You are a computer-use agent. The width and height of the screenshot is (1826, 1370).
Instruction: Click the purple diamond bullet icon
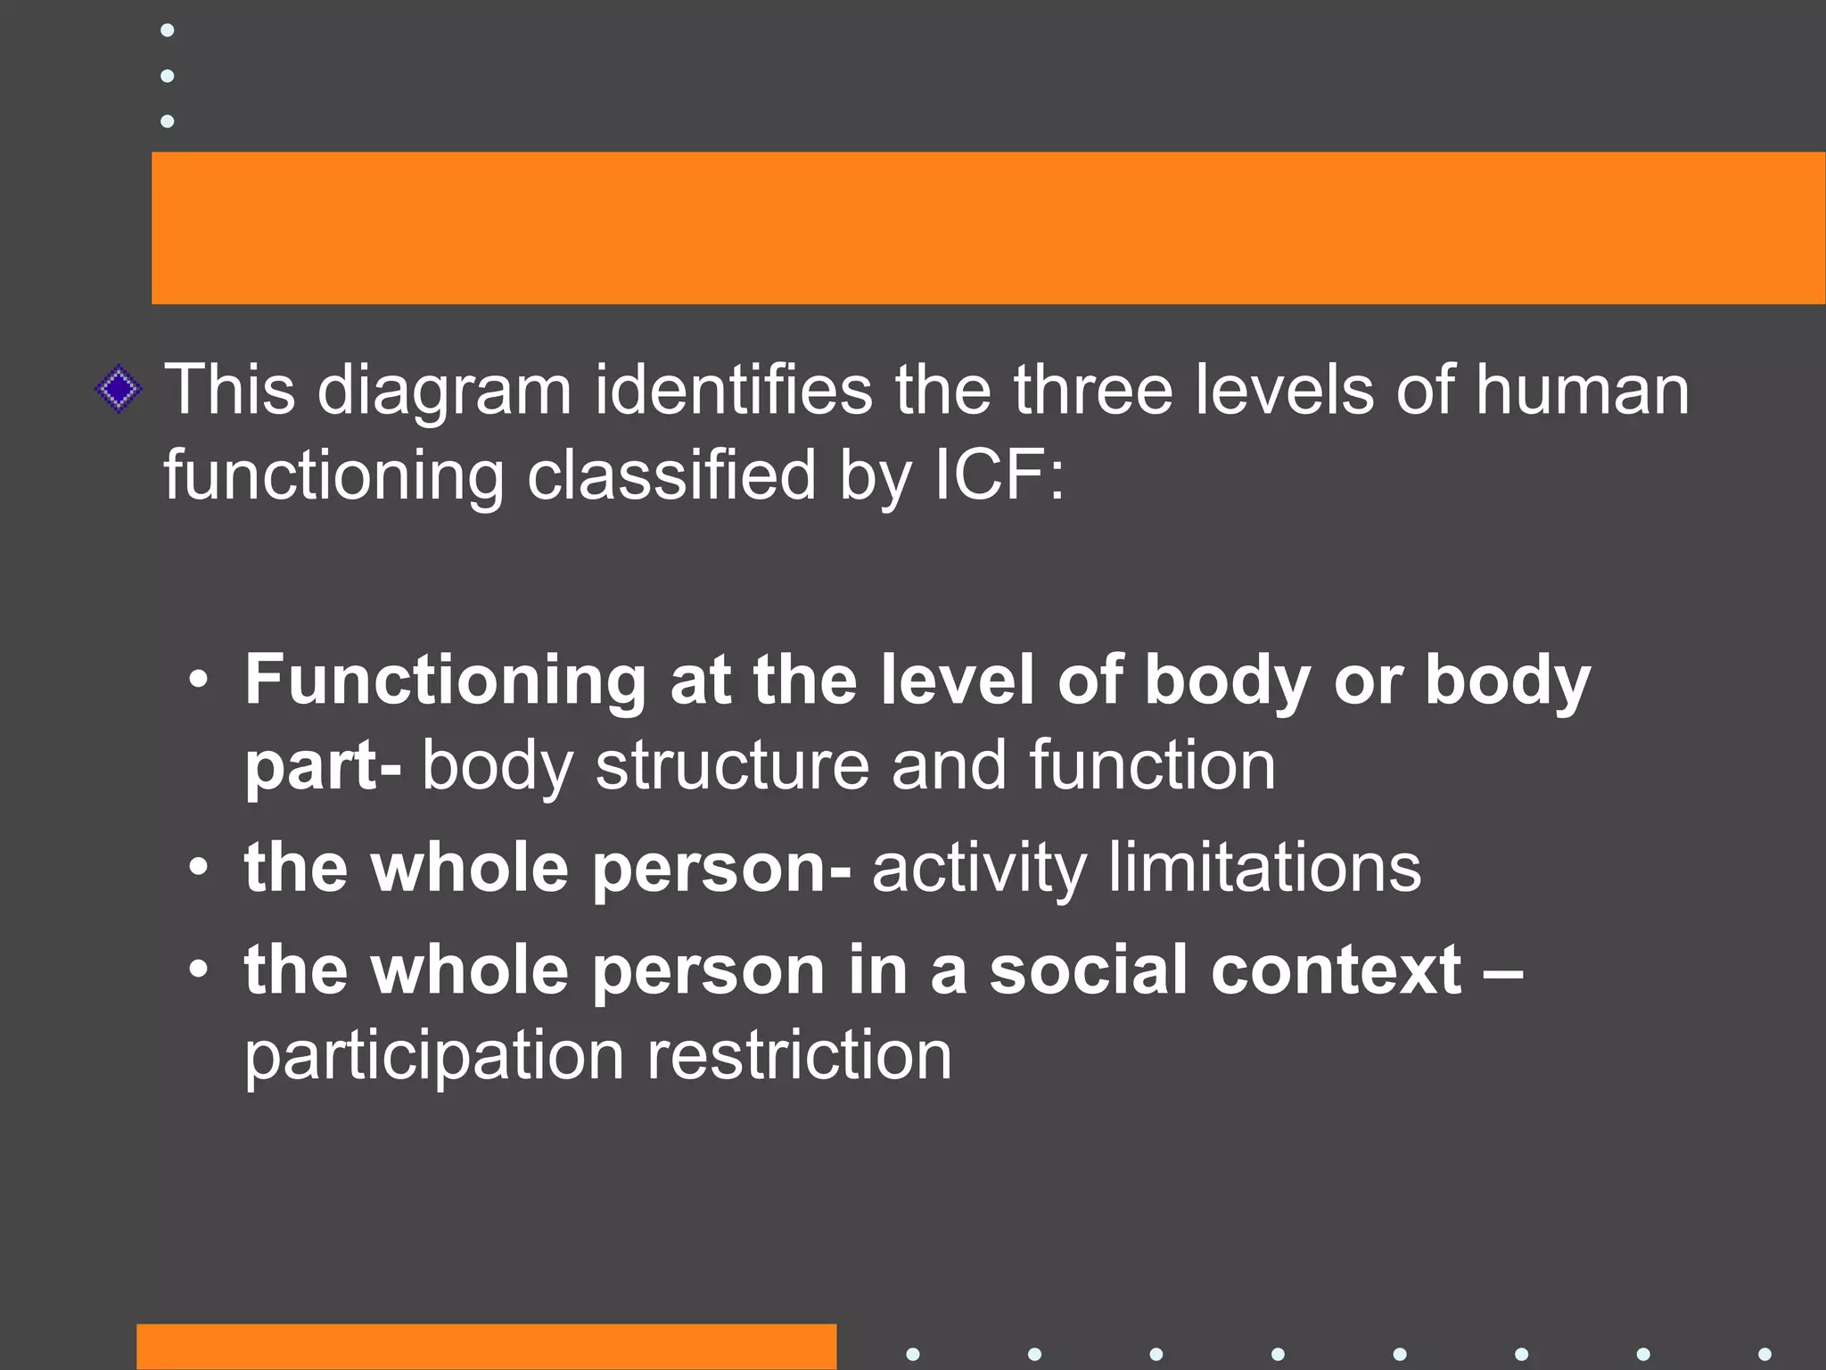(x=119, y=390)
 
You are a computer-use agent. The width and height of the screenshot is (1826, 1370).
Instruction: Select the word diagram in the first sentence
(x=444, y=392)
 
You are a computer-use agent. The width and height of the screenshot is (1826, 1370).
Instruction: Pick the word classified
(x=671, y=475)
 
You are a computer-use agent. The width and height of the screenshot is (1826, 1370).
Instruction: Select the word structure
(x=732, y=765)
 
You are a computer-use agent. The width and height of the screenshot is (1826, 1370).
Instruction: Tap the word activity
(x=978, y=869)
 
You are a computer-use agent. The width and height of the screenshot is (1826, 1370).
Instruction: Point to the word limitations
(x=1264, y=867)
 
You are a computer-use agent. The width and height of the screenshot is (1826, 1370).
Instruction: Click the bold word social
(x=1089, y=970)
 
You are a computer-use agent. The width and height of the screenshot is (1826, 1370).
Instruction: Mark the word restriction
(x=799, y=1055)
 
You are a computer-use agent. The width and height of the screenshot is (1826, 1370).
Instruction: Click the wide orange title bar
(x=988, y=227)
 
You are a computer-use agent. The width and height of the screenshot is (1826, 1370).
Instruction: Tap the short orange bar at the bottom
(x=486, y=1347)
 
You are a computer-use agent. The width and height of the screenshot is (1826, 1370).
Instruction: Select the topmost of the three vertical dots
(x=167, y=30)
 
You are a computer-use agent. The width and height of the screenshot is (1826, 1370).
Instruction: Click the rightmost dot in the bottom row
(x=1764, y=1354)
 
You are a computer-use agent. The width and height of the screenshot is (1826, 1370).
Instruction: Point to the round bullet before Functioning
(x=199, y=681)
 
